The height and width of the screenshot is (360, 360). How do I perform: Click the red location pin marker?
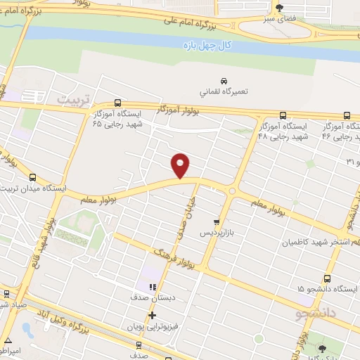[181, 166]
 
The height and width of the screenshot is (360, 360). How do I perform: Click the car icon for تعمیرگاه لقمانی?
[224, 79]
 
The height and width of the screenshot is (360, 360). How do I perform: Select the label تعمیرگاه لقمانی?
[224, 91]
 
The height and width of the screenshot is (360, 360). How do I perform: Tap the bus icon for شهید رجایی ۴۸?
[283, 115]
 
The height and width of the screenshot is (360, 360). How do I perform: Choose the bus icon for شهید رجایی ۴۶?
[347, 115]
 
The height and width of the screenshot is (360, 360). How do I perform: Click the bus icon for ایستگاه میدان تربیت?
[34, 177]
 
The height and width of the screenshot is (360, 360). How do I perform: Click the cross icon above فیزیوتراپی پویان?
[151, 314]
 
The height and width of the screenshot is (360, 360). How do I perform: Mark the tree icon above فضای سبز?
[281, 8]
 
